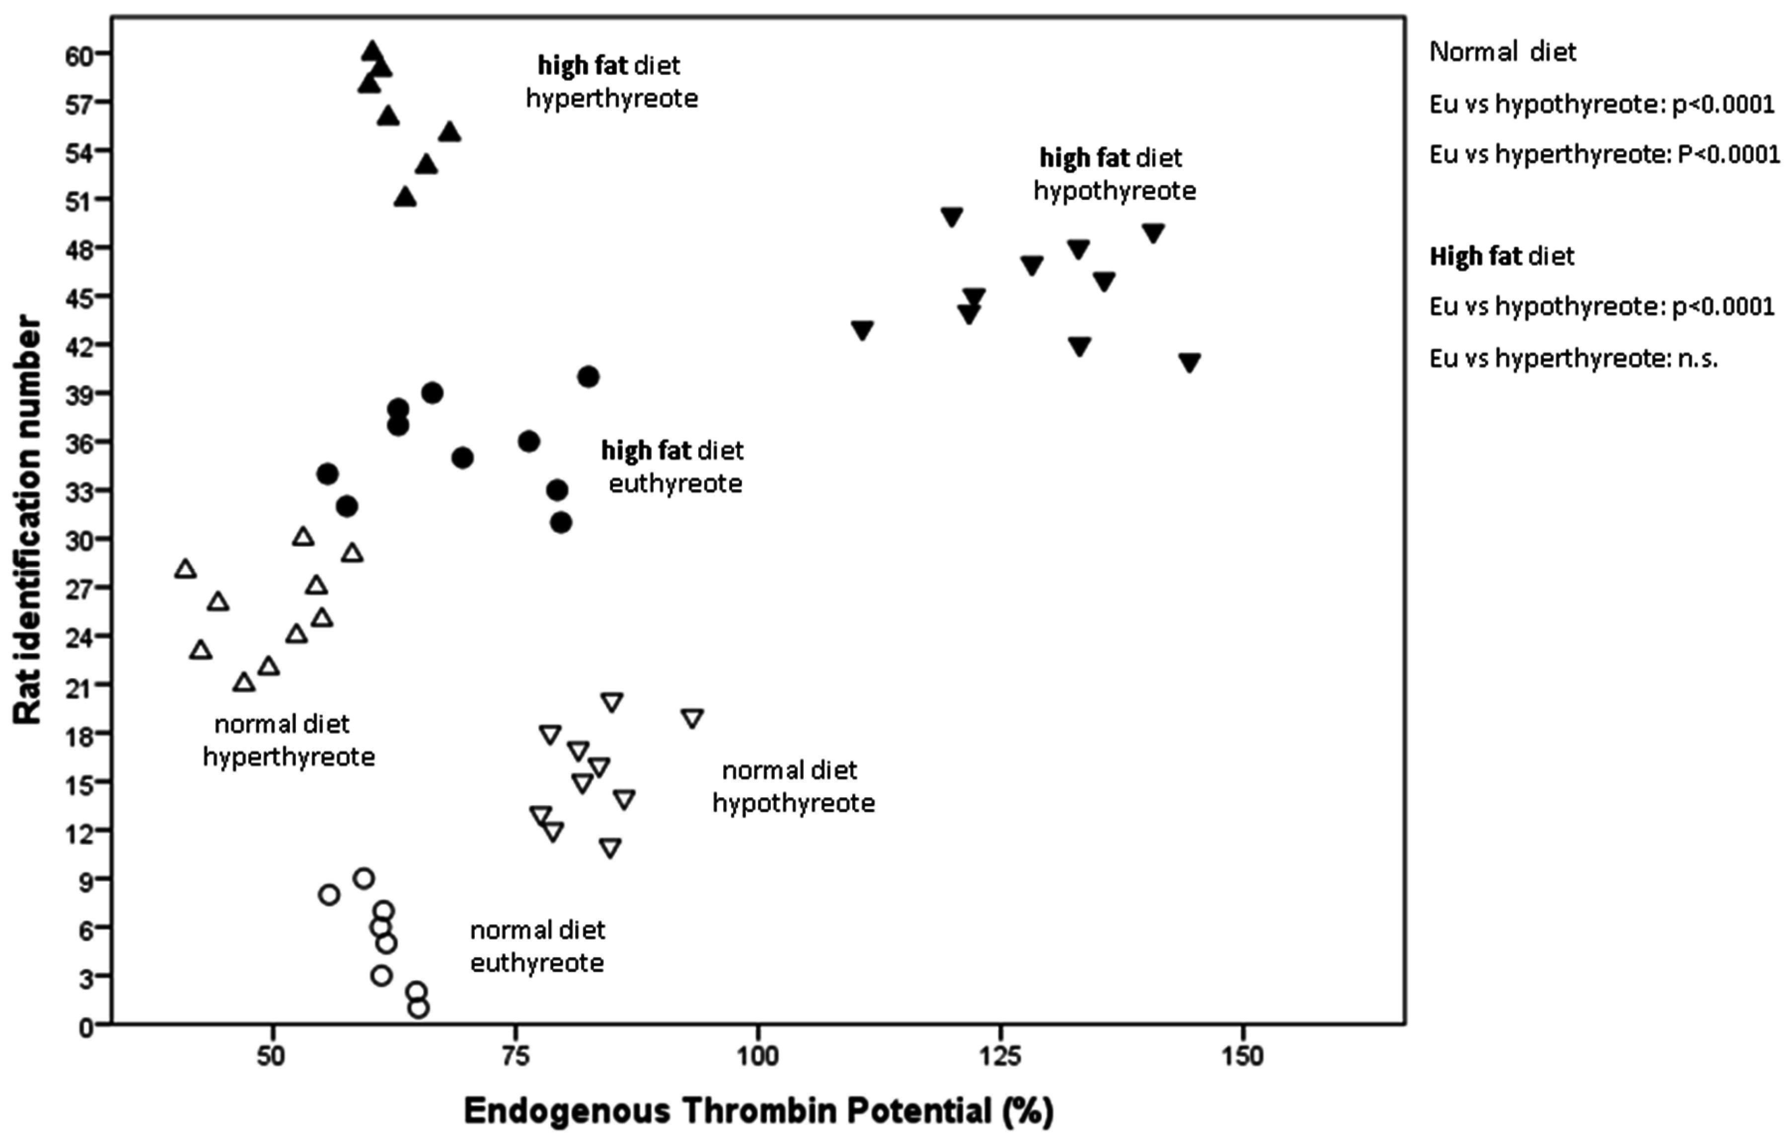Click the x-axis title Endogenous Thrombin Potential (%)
pyautogui.click(x=758, y=1111)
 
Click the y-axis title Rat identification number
pyautogui.click(x=28, y=520)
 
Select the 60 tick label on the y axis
pyautogui.click(x=79, y=56)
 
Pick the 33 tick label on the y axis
pyautogui.click(x=79, y=491)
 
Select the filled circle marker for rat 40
pyautogui.click(x=589, y=377)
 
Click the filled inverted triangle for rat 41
pyautogui.click(x=1190, y=362)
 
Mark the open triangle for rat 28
pyautogui.click(x=186, y=569)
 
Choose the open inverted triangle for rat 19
pyautogui.click(x=692, y=718)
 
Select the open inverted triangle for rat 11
pyautogui.click(x=610, y=847)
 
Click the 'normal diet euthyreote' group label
pyautogui.click(x=537, y=946)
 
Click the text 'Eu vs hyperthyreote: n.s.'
pyautogui.click(x=1573, y=359)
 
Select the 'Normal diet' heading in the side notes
pyautogui.click(x=1502, y=52)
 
